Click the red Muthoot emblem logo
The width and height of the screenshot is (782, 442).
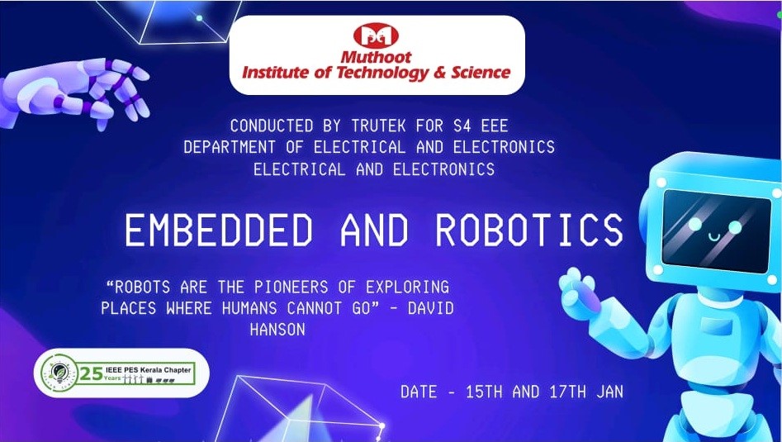(x=376, y=36)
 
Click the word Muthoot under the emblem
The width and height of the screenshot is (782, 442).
(x=376, y=57)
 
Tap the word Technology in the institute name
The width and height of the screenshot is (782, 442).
(x=374, y=74)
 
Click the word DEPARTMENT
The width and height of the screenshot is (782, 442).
(x=230, y=147)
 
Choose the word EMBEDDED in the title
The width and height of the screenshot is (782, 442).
(x=219, y=231)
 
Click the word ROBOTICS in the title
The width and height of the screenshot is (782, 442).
(x=529, y=231)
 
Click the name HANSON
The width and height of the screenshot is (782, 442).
(x=277, y=330)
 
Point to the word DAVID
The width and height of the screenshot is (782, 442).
(x=430, y=308)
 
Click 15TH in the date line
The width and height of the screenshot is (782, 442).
(x=484, y=392)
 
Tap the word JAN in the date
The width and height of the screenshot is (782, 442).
(x=609, y=392)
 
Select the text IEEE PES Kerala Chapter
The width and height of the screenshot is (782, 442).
(x=148, y=371)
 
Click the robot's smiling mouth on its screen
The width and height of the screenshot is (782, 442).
(x=713, y=237)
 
